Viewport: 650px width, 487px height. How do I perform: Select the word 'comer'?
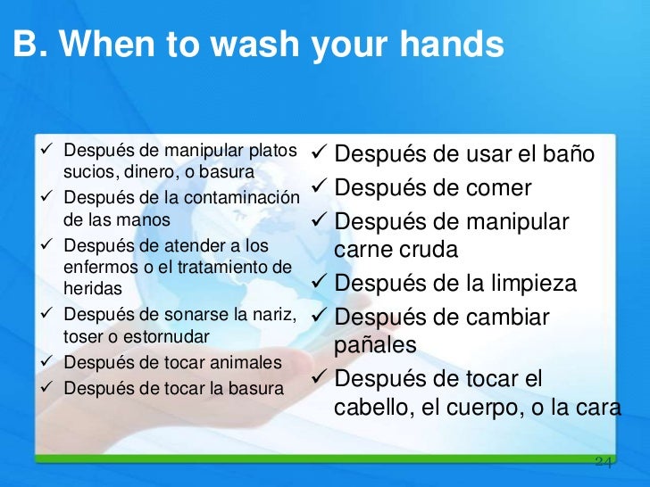pos(499,189)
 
